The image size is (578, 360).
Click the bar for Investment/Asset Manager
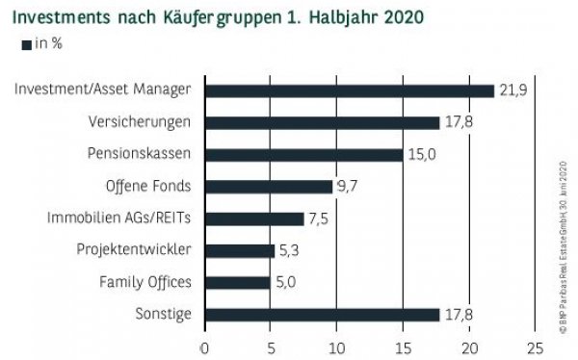click(x=349, y=90)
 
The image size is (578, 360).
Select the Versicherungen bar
click(x=322, y=122)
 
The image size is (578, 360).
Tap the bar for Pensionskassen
click(x=302, y=154)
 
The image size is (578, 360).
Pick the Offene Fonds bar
click(x=268, y=187)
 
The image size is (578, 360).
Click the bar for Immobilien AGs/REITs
click(x=253, y=219)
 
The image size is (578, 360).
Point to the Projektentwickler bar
click(x=239, y=250)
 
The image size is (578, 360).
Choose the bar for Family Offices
click(x=237, y=282)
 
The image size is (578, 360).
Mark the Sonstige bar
click(x=322, y=314)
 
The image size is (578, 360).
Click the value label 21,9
click(x=511, y=90)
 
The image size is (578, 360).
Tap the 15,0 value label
click(x=419, y=154)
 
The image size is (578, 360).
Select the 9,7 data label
click(x=348, y=187)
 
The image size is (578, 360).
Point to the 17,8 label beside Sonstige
click(x=457, y=314)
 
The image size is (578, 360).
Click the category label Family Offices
click(x=144, y=282)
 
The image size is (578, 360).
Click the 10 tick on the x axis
click(x=336, y=347)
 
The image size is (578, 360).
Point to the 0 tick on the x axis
click(x=204, y=347)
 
